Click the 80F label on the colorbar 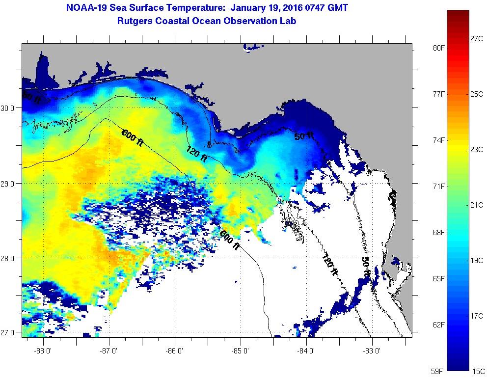click(x=438, y=48)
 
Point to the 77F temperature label click(x=438, y=94)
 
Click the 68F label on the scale click(x=438, y=233)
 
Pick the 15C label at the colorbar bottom click(x=479, y=372)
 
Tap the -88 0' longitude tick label click(x=44, y=351)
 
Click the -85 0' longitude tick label click(x=241, y=351)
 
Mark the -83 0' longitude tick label click(x=373, y=351)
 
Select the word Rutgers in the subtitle click(x=134, y=21)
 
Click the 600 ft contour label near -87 click(x=133, y=137)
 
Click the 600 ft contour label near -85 click(x=229, y=240)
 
